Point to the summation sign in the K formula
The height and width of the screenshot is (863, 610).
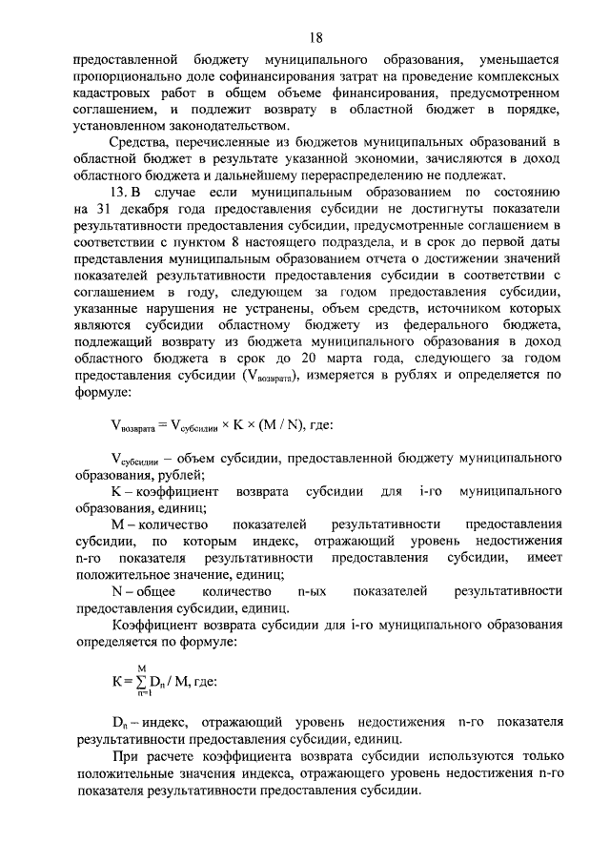(140, 683)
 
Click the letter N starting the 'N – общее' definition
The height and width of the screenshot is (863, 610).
(117, 592)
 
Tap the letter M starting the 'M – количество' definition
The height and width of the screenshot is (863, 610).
(118, 525)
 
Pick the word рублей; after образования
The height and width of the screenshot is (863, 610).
(182, 474)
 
